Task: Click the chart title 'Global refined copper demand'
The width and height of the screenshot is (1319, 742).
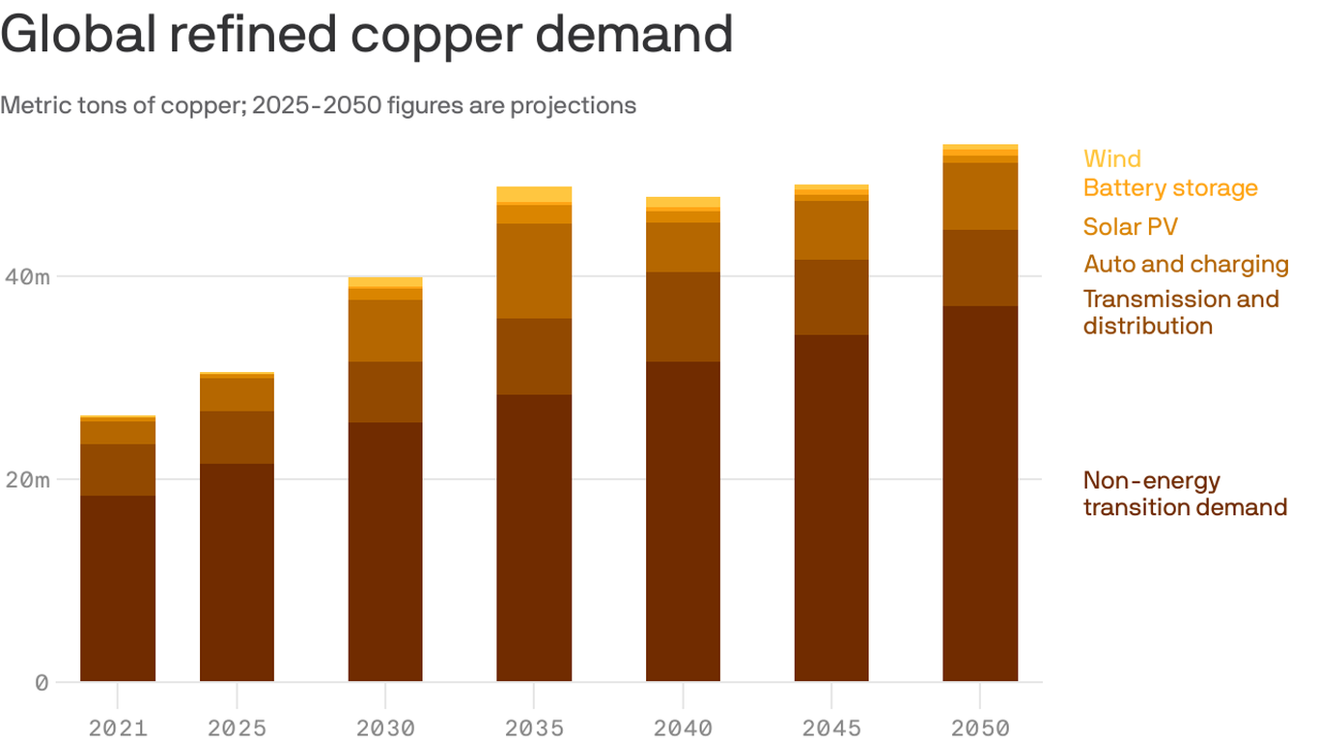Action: click(367, 35)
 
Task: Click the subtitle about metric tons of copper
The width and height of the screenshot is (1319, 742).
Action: click(319, 105)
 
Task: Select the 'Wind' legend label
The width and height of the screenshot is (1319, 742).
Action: click(1111, 158)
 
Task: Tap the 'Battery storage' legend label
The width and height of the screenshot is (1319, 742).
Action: click(1170, 187)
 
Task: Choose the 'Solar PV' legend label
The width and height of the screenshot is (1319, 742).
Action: click(1130, 227)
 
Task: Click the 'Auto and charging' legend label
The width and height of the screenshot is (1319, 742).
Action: click(1186, 264)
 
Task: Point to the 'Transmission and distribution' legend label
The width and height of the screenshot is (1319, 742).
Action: click(1180, 312)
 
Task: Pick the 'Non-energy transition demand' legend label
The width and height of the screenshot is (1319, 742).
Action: click(1185, 494)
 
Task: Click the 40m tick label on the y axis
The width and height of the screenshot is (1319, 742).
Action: click(26, 277)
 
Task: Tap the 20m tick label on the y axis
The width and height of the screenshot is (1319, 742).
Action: click(26, 480)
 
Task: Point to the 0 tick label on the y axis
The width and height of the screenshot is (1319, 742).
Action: click(41, 683)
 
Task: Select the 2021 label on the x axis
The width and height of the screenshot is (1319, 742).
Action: click(118, 728)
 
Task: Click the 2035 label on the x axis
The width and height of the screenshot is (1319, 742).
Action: click(534, 728)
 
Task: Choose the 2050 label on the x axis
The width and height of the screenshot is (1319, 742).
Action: click(980, 728)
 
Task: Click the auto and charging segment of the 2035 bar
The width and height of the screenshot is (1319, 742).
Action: click(534, 271)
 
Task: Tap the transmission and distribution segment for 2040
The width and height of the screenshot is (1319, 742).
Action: click(683, 317)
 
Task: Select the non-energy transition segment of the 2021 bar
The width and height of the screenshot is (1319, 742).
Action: click(118, 588)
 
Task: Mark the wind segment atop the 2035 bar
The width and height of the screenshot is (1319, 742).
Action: click(534, 194)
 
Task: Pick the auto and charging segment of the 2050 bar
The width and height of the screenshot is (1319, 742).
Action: click(980, 196)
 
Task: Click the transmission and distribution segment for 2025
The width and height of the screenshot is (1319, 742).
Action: click(237, 438)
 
